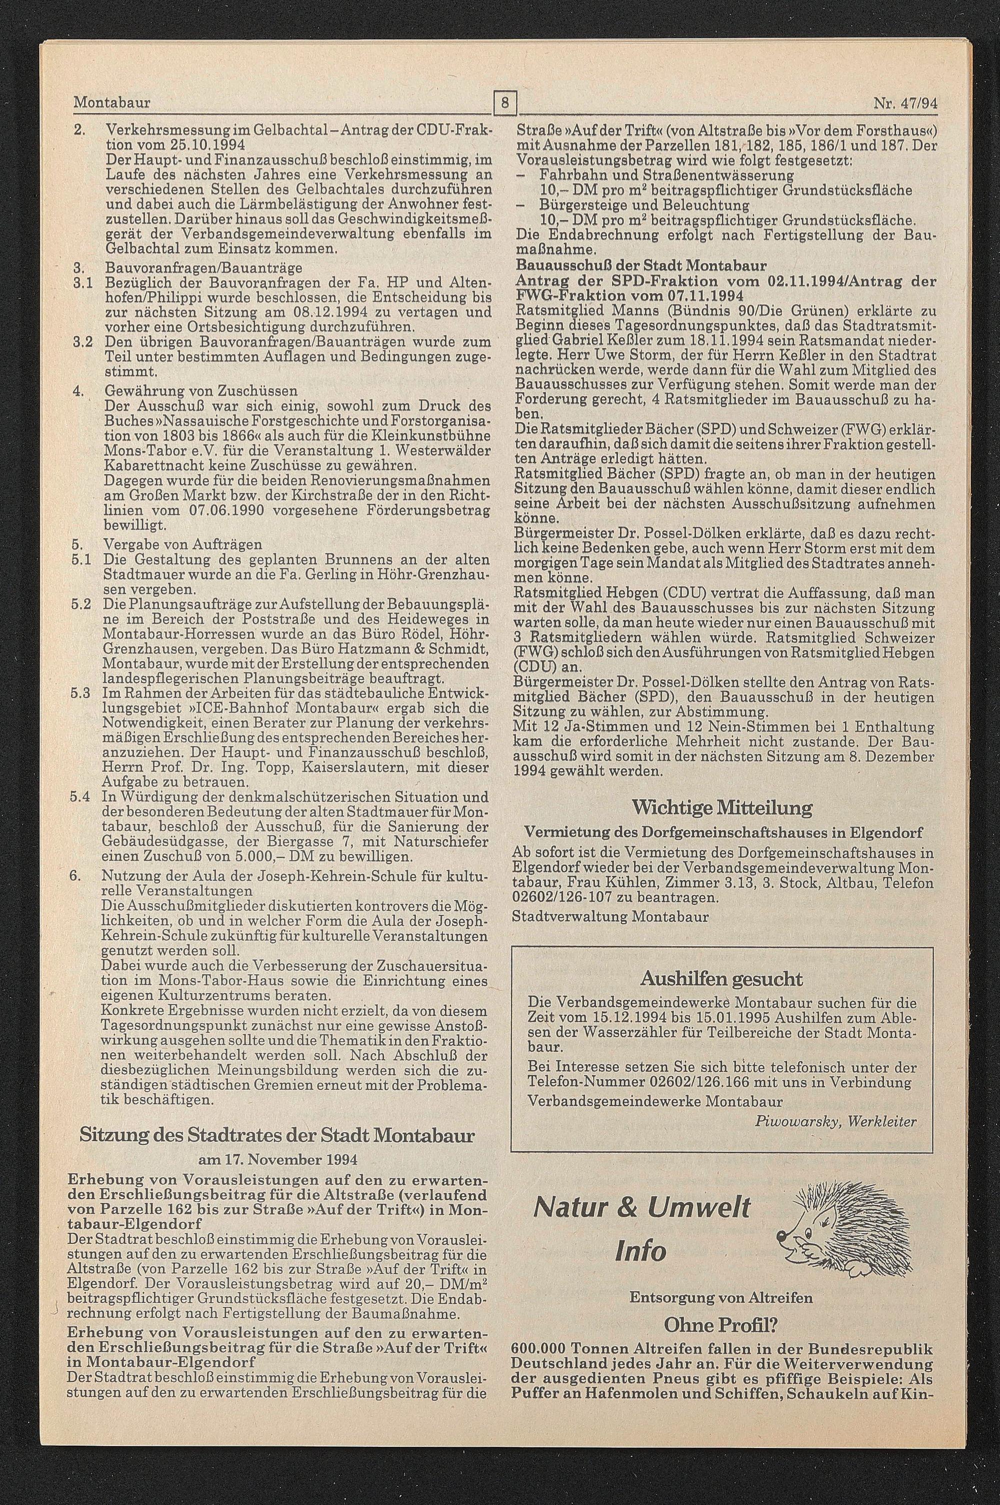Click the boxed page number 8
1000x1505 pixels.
tap(505, 103)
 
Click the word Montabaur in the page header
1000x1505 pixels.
tap(112, 102)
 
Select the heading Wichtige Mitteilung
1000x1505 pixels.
tap(722, 808)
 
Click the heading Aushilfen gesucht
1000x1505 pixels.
tap(721, 979)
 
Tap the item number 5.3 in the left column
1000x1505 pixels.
tap(80, 693)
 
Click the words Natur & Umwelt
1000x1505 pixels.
tap(641, 1208)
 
